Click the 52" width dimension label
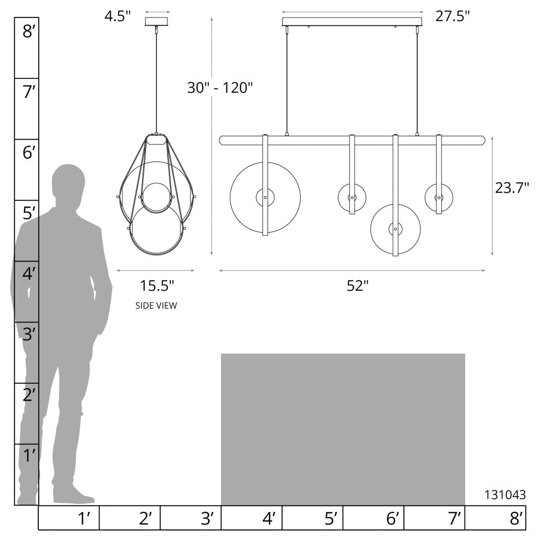coord(358,286)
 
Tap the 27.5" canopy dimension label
coord(453,16)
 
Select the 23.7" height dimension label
coord(512,188)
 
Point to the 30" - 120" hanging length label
coord(220,88)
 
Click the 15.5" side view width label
coord(157,286)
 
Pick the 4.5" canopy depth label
coord(118,16)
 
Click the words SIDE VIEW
coord(156,305)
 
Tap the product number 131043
coord(505,495)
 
